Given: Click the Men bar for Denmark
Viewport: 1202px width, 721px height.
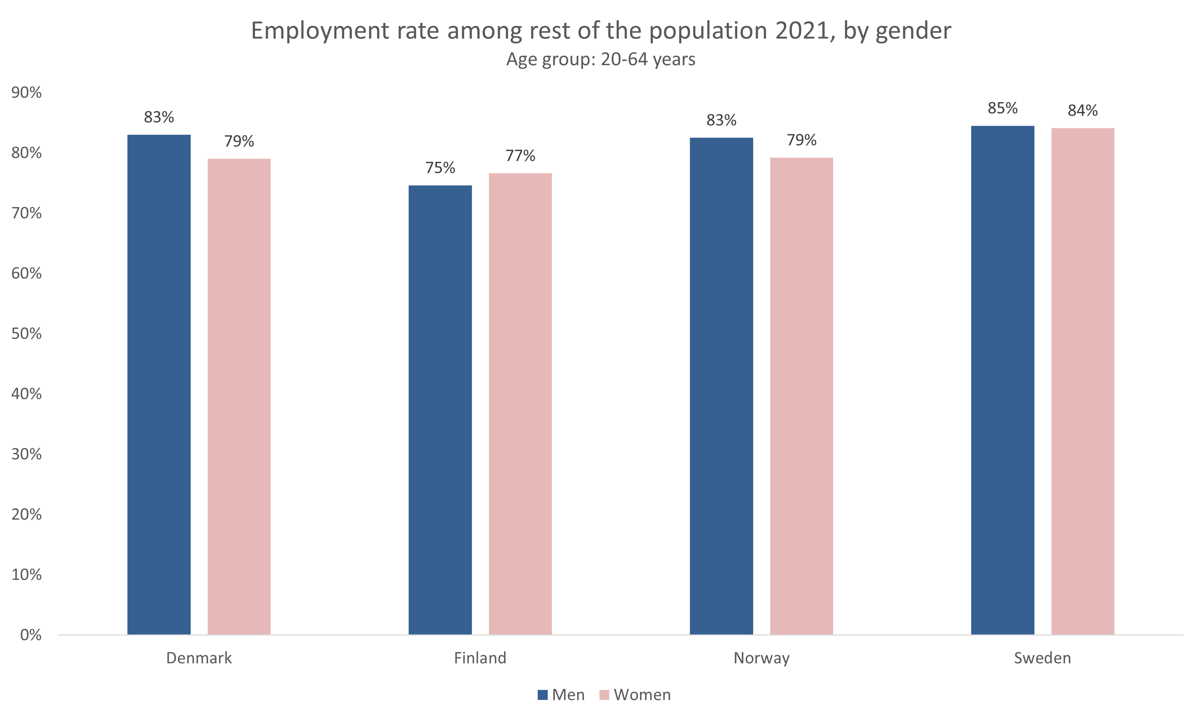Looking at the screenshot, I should point(159,384).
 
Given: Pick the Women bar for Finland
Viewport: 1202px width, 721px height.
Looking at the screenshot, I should point(520,404).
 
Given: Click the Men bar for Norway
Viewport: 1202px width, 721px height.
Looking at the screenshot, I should point(721,386).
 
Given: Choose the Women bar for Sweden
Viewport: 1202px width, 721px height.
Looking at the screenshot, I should point(1083,381).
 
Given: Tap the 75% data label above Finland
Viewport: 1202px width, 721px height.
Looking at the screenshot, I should point(440,168).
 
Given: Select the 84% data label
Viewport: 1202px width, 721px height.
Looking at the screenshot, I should point(1083,111).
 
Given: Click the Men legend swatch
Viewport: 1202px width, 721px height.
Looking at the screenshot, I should point(543,695).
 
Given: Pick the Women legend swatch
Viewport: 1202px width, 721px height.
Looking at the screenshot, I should point(604,695).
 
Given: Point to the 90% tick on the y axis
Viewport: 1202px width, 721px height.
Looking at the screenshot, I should point(27,92).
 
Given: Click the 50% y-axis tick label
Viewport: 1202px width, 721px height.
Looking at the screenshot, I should point(27,333).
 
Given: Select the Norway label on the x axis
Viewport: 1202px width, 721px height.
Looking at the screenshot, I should point(761,658).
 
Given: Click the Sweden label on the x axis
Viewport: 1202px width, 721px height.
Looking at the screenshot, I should point(1042,658).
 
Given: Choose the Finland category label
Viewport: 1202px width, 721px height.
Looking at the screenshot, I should point(480,658).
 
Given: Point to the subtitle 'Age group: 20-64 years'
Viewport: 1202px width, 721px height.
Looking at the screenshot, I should point(601,59).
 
